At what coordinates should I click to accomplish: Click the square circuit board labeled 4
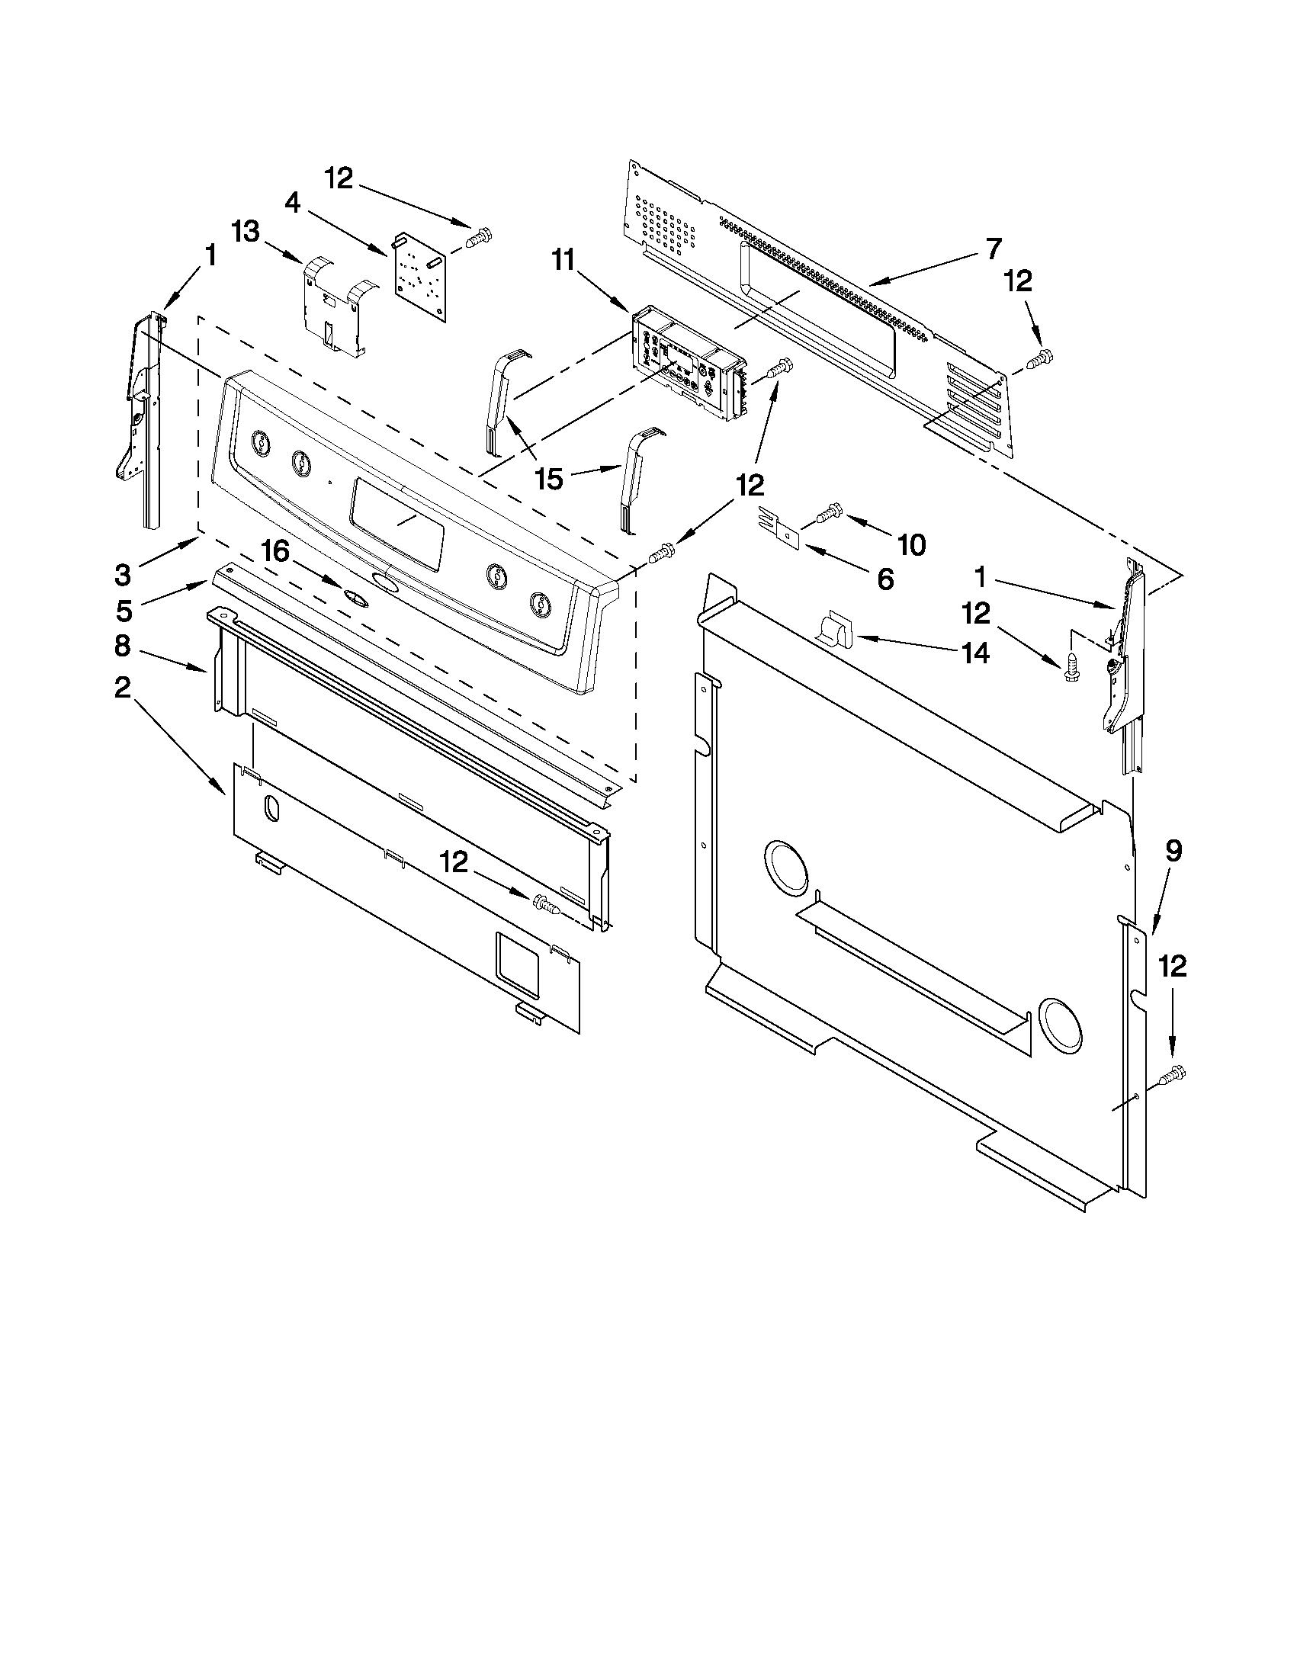[x=419, y=274]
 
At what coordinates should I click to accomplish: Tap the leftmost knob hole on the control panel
[x=262, y=443]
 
